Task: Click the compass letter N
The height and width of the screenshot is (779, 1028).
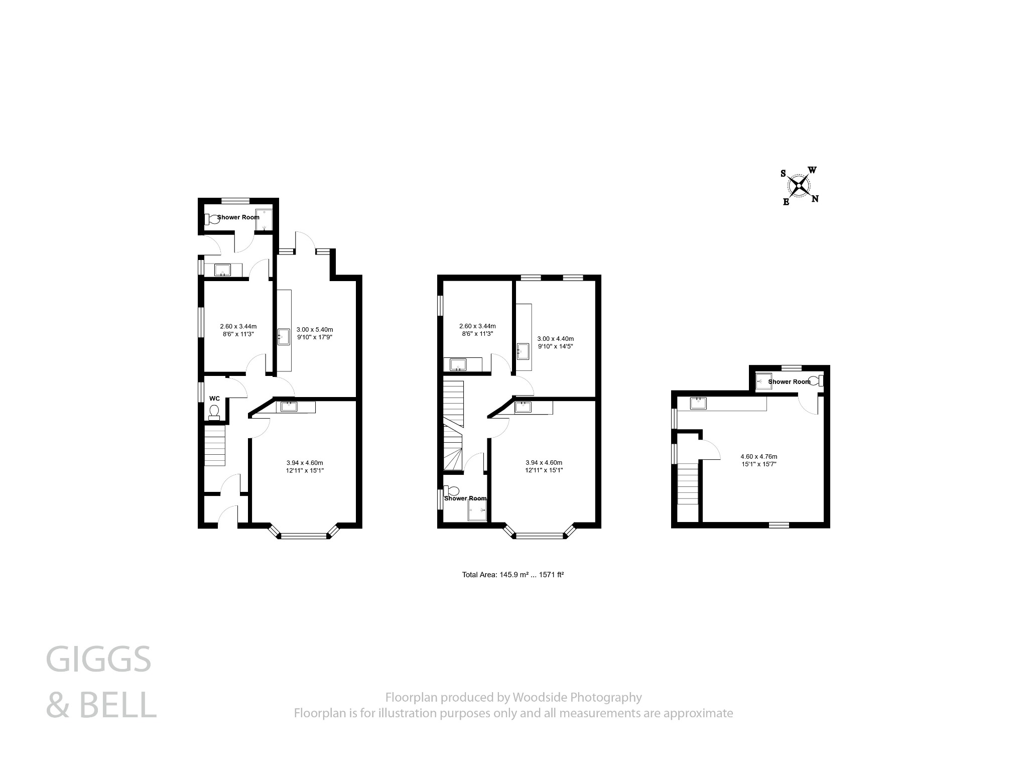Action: coord(815,199)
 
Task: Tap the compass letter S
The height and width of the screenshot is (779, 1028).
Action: coord(783,174)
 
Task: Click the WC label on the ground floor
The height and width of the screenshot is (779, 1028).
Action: coord(214,399)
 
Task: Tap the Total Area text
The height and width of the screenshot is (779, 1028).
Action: coord(512,575)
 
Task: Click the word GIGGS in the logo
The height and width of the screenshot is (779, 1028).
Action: coord(98,660)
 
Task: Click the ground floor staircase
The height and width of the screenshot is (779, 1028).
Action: coord(215,446)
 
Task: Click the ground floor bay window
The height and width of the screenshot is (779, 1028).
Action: coord(304,536)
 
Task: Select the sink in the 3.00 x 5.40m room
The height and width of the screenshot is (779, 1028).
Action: coord(284,337)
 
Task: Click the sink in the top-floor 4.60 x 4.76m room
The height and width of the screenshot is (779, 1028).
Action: coord(698,403)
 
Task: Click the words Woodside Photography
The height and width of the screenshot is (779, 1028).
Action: coord(577,697)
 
